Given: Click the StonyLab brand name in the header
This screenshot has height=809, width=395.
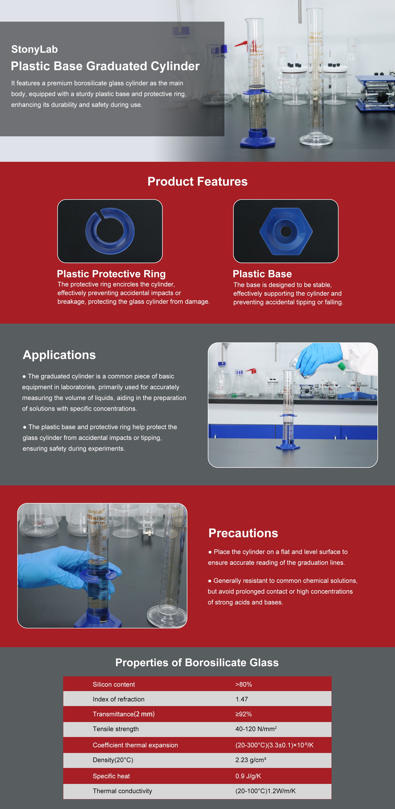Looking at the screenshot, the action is click(35, 49).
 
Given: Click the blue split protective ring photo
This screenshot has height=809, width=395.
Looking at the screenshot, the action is click(110, 231).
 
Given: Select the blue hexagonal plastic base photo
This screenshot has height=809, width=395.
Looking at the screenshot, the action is click(286, 231).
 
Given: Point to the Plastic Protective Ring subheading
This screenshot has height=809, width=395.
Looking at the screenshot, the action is click(111, 274).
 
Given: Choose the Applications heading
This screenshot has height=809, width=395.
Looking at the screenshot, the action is click(59, 355).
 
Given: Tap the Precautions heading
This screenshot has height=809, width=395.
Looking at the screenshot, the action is click(243, 533).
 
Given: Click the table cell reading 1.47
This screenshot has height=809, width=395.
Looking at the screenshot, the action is click(242, 699).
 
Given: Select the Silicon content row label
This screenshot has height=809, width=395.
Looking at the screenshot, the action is click(114, 684).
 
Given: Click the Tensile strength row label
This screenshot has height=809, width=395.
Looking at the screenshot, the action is click(116, 729).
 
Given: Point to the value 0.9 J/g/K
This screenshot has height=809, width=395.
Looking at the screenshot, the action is click(248, 776).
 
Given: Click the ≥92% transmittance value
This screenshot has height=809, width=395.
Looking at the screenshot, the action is click(244, 714).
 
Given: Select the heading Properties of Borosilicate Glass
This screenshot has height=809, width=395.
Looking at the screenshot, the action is click(197, 662).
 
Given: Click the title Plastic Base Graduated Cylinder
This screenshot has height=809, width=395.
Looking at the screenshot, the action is click(105, 66).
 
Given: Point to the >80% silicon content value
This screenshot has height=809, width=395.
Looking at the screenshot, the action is click(244, 684).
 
